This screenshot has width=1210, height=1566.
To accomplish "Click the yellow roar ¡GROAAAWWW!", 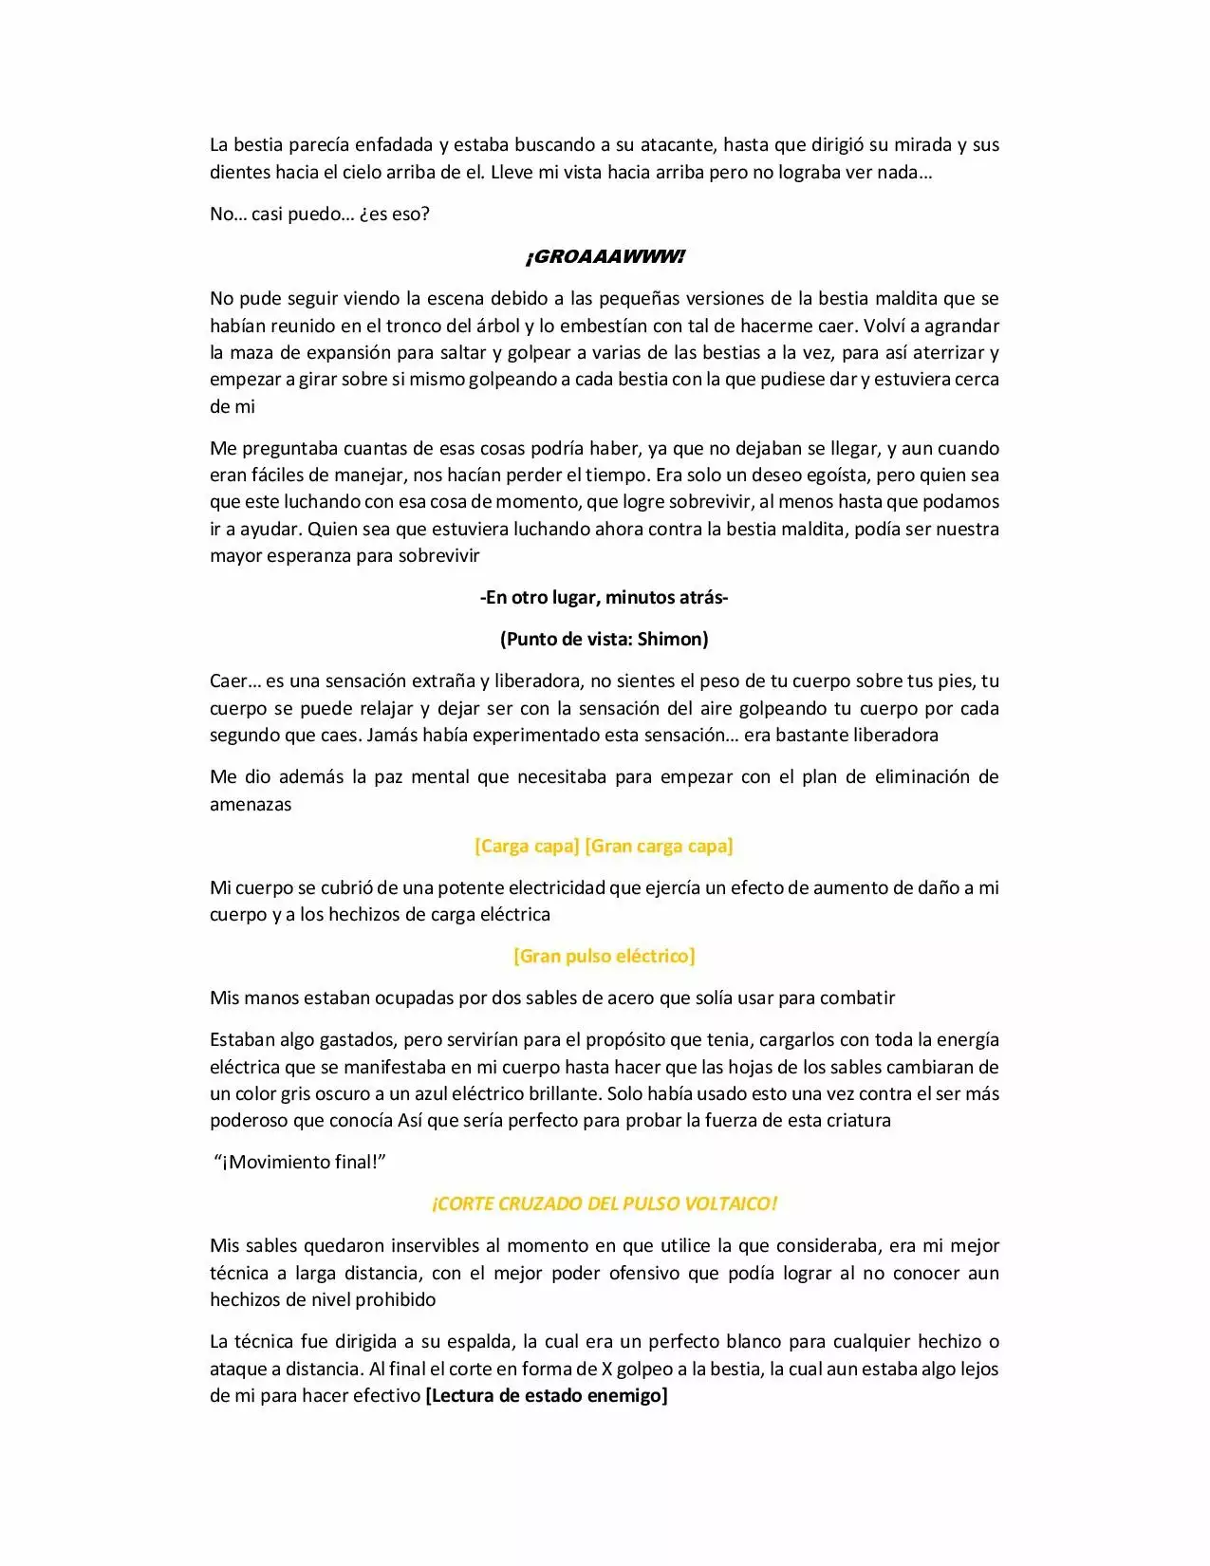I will [605, 257].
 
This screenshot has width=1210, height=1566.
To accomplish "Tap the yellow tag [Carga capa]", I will [527, 846].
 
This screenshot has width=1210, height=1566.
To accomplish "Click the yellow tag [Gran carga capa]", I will [659, 846].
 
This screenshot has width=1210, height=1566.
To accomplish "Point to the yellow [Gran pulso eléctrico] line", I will [605, 956].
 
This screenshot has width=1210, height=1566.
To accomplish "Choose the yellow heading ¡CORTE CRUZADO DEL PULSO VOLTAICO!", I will [605, 1203].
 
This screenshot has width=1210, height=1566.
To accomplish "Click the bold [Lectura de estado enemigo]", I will [547, 1395].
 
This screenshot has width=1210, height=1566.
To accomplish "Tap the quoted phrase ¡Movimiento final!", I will [303, 1162].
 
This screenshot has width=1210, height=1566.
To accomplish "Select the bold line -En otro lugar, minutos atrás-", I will [605, 597].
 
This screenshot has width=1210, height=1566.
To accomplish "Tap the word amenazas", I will [251, 804].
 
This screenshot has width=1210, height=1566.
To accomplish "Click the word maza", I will [249, 352].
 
